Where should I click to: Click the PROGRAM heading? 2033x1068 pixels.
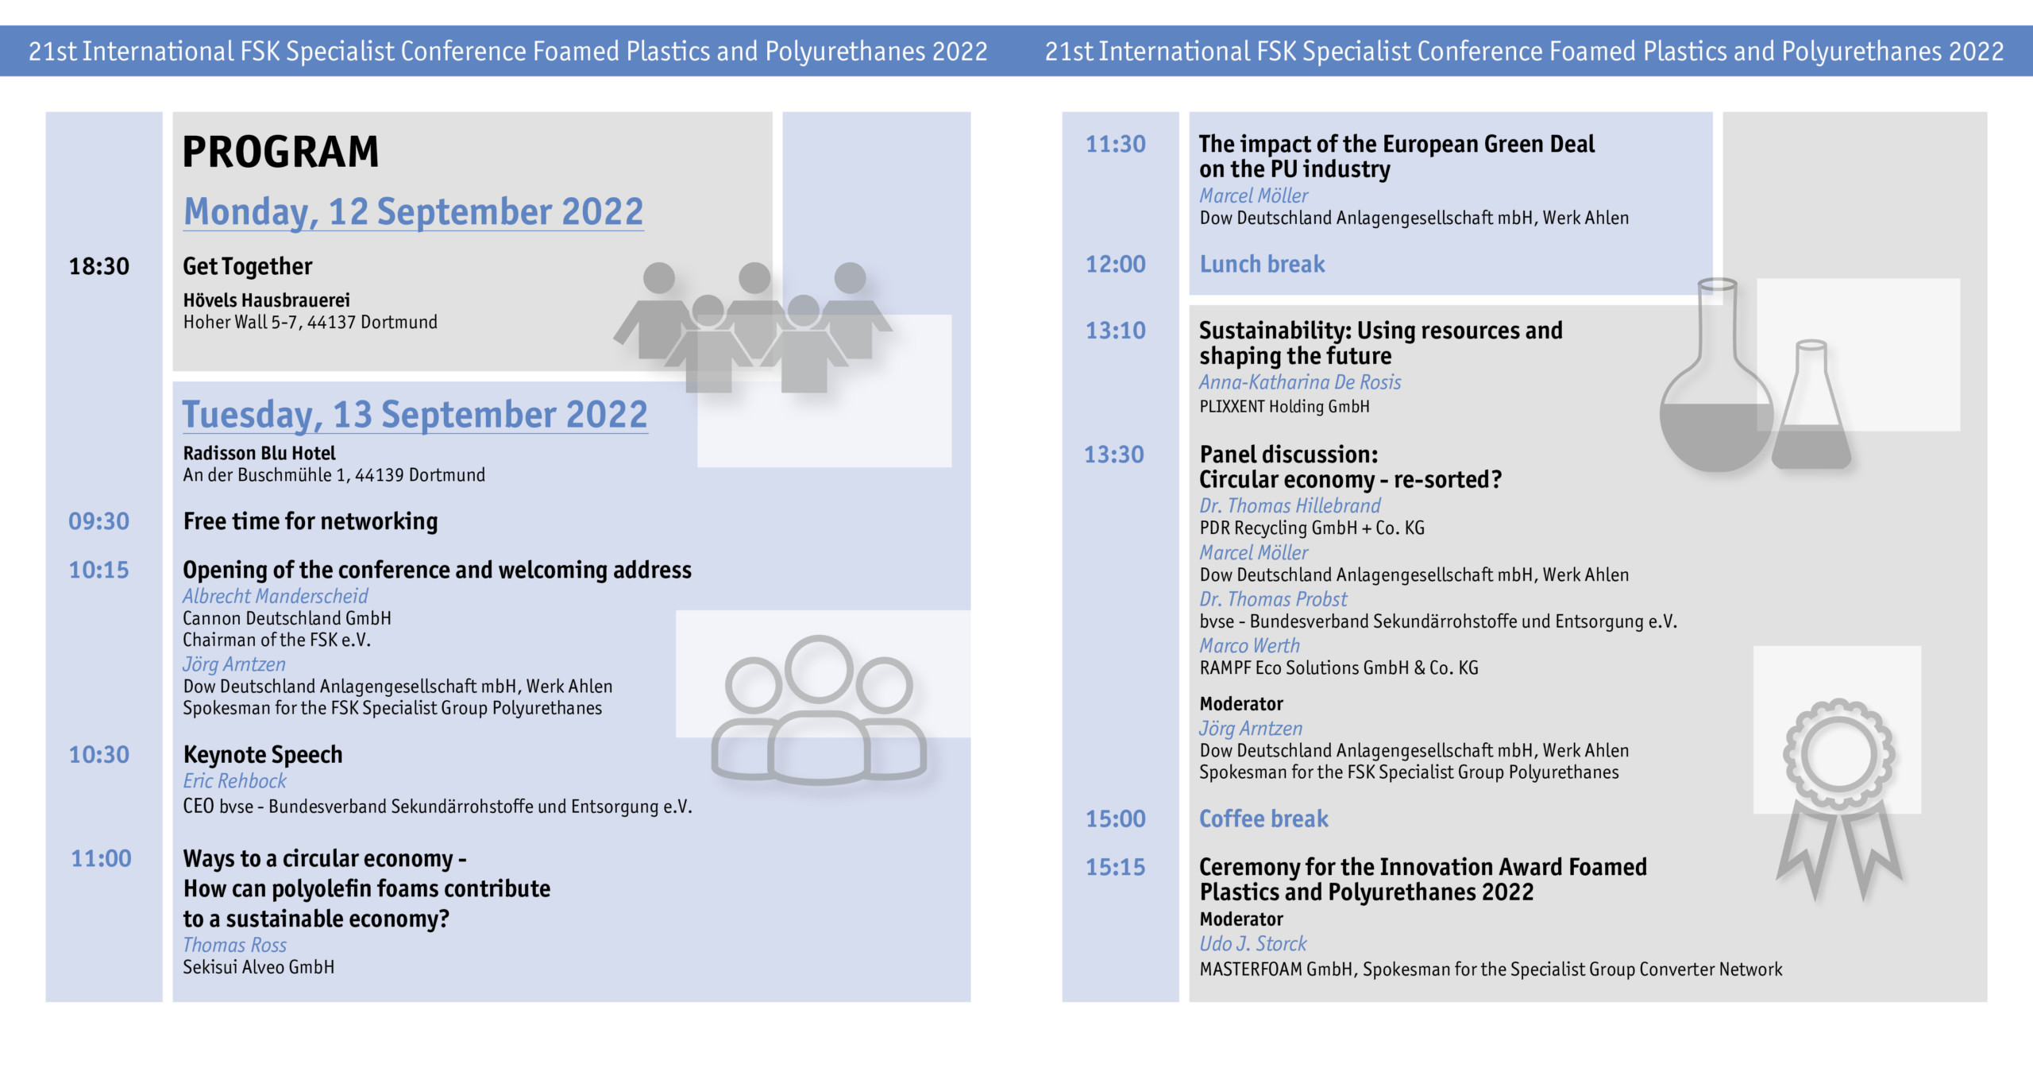tap(280, 152)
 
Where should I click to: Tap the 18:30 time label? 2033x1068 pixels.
tap(99, 266)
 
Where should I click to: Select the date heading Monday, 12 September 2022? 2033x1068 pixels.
tap(413, 212)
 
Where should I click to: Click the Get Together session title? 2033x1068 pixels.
tap(248, 266)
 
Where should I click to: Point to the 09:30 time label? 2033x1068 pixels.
tap(98, 521)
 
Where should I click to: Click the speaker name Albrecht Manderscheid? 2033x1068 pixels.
tap(276, 596)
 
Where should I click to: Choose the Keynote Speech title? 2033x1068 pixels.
tap(263, 755)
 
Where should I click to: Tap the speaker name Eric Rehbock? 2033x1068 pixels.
tap(235, 781)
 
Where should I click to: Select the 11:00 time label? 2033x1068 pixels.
tap(101, 859)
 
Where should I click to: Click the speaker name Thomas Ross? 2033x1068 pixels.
tap(235, 945)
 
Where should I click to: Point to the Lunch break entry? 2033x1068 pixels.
tap(1262, 265)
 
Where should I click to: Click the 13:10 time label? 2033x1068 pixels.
tap(1116, 331)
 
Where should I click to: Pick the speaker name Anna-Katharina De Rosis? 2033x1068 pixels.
tap(1300, 382)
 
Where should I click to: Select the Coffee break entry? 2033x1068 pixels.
tap(1263, 819)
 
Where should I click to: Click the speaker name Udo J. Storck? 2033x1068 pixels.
tap(1253, 944)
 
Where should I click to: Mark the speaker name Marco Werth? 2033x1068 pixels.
tap(1250, 646)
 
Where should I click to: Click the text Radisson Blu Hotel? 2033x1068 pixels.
tap(260, 454)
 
